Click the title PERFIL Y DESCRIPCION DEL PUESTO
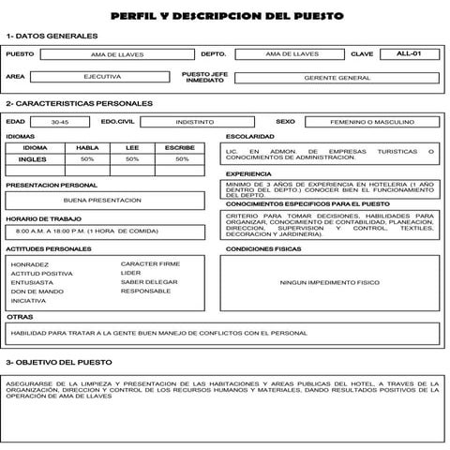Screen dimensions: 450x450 (226, 16)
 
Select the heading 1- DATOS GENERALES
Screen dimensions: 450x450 (52, 36)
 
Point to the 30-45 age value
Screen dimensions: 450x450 (60, 122)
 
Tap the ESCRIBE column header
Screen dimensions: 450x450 (179, 147)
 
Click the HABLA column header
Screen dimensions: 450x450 (87, 147)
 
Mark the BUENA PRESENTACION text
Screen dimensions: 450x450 (102, 201)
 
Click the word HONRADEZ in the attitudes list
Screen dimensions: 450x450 (31, 264)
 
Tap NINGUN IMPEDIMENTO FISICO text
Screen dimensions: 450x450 (329, 282)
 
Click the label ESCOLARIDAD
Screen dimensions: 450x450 (249, 137)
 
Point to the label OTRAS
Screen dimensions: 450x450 (20, 317)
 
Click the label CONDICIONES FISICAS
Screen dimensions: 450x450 (263, 249)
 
